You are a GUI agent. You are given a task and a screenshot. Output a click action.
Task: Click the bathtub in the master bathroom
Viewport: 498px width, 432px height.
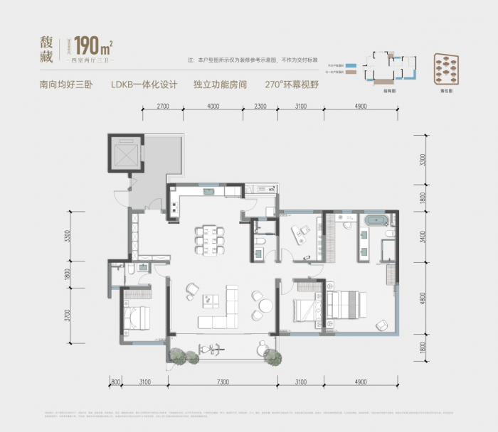tap(373, 220)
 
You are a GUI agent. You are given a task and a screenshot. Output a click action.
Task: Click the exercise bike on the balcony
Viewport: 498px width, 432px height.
tap(208, 350)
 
